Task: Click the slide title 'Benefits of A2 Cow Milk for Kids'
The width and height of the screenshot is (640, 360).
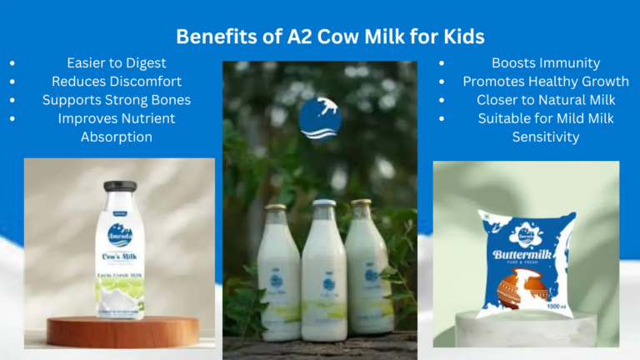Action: pyautogui.click(x=320, y=37)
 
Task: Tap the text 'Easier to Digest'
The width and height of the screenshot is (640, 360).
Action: pyautogui.click(x=117, y=63)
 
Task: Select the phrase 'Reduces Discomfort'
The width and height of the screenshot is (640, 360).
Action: pyautogui.click(x=117, y=82)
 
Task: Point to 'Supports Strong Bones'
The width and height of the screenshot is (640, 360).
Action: pyautogui.click(x=117, y=100)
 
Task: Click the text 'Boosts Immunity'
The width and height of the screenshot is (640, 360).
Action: pyautogui.click(x=546, y=63)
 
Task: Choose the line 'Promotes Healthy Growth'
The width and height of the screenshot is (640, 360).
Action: pyautogui.click(x=546, y=82)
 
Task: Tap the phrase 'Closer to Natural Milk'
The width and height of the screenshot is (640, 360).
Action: pyautogui.click(x=546, y=100)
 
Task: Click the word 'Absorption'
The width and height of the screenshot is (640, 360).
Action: pyautogui.click(x=117, y=137)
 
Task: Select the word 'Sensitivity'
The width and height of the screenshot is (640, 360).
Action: pyautogui.click(x=546, y=137)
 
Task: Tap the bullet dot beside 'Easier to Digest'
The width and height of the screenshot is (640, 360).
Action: pyautogui.click(x=11, y=63)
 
